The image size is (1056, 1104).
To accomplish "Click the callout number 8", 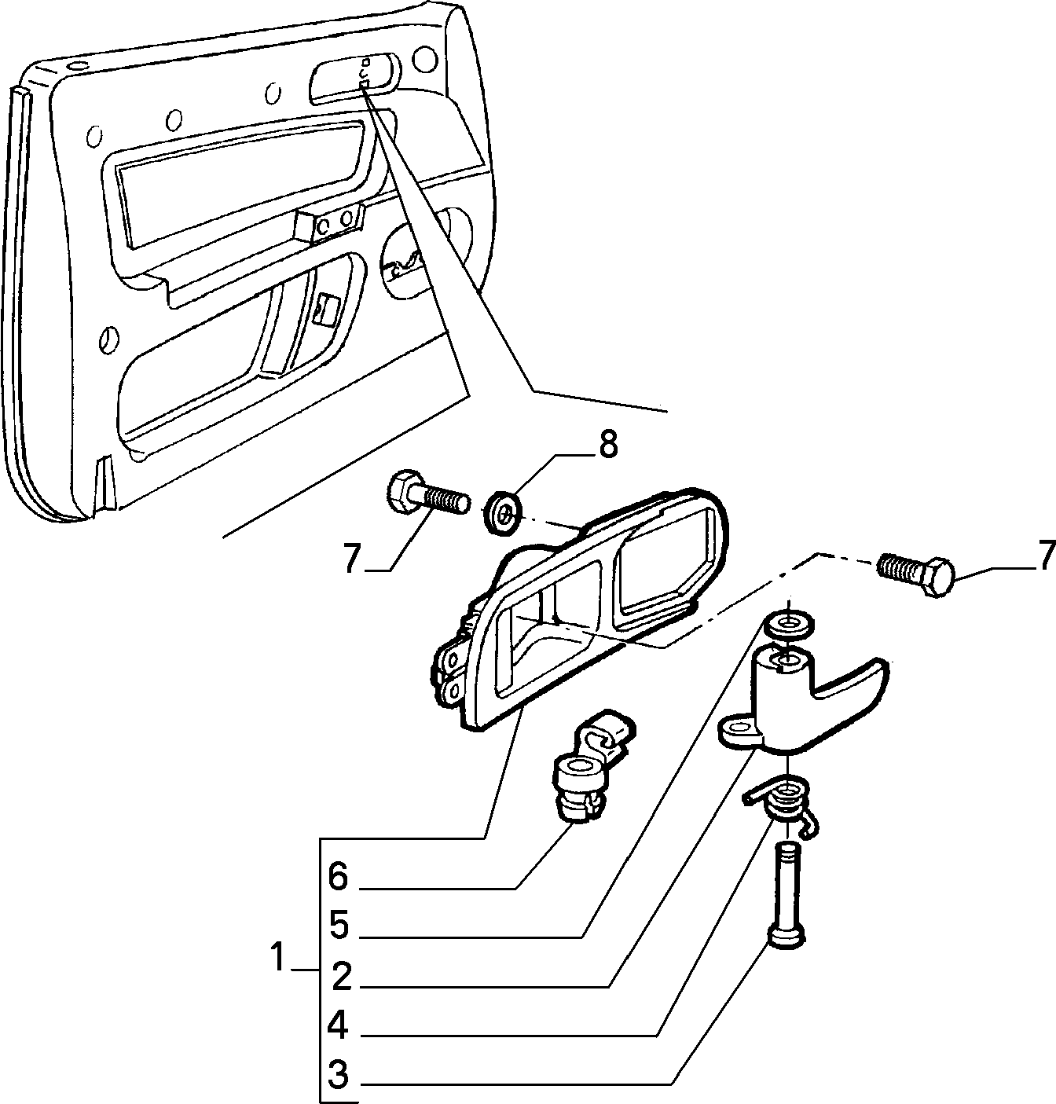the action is pos(607,445).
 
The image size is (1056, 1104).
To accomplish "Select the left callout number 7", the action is pos(352,557).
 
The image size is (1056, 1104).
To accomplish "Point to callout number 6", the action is pos(338,876).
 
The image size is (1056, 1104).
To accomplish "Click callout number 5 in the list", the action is pos(339,926).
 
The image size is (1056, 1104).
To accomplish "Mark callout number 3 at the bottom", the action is pos(339,1074).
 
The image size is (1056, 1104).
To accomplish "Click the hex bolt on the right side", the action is pos(915,574).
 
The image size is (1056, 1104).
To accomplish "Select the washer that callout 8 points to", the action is pos(503,513).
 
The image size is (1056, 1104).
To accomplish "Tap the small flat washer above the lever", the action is pos(789,624).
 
